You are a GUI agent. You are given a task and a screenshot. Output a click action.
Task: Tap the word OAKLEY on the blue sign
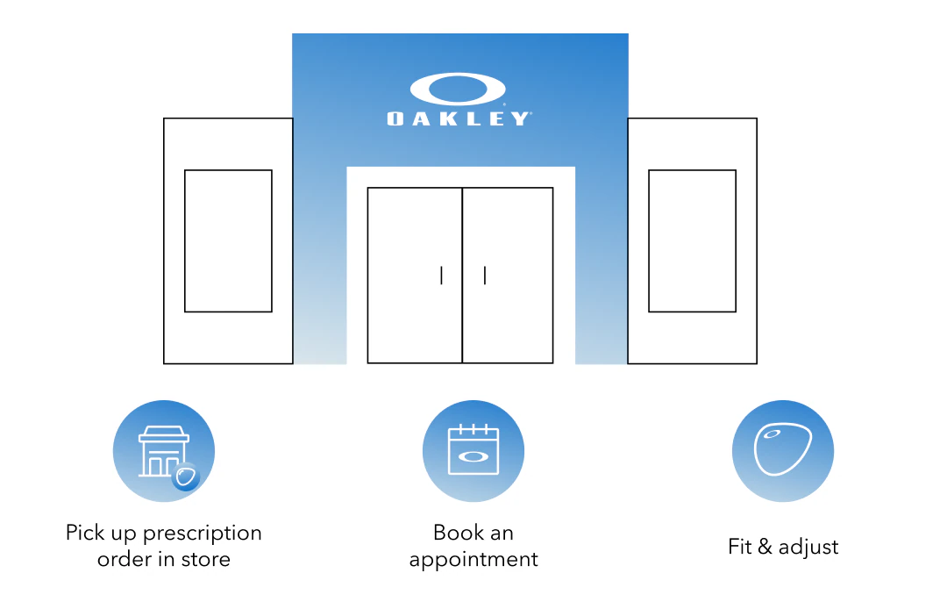click(459, 118)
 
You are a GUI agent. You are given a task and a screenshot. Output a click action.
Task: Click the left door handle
click(441, 276)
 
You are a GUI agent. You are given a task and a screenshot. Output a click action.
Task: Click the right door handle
click(485, 276)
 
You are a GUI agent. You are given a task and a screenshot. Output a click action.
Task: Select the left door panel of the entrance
click(415, 276)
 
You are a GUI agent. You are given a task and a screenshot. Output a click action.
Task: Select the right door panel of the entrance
click(508, 276)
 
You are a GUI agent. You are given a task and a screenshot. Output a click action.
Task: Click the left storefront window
click(228, 241)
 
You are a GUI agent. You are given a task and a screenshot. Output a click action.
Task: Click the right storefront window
click(692, 241)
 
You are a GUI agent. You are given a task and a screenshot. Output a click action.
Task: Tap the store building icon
click(163, 451)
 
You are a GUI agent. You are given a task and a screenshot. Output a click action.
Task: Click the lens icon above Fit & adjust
click(783, 449)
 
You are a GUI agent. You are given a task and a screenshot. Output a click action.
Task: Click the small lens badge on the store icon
click(185, 476)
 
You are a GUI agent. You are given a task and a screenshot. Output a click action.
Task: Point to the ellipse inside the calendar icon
click(473, 456)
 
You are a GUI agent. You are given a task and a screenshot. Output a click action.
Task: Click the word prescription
click(203, 533)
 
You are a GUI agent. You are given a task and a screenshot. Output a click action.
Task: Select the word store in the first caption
click(206, 560)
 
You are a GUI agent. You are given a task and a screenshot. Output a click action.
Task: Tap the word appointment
click(473, 560)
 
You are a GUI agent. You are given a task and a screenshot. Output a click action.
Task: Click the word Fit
click(739, 546)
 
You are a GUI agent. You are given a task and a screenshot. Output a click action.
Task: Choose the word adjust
click(808, 548)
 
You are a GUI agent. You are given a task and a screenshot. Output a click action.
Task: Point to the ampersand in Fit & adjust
click(765, 546)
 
